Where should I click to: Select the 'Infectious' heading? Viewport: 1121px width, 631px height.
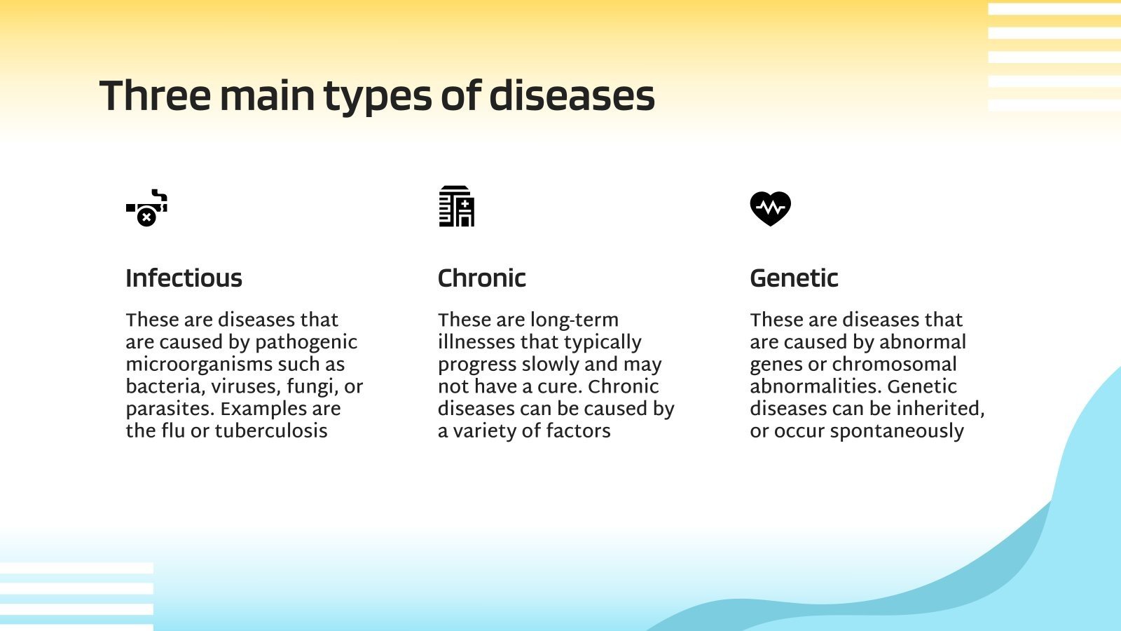coord(184,278)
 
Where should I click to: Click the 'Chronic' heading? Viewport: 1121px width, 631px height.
coord(481,278)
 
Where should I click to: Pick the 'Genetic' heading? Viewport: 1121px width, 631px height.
coord(793,278)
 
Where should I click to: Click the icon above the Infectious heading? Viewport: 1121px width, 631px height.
coord(146,208)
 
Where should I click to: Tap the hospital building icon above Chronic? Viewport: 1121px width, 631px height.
coord(456,206)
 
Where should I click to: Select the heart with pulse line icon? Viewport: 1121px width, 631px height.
coord(770,208)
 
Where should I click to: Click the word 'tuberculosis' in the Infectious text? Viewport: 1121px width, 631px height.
coord(270,430)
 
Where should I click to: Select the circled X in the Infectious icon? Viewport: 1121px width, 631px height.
coord(146,218)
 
